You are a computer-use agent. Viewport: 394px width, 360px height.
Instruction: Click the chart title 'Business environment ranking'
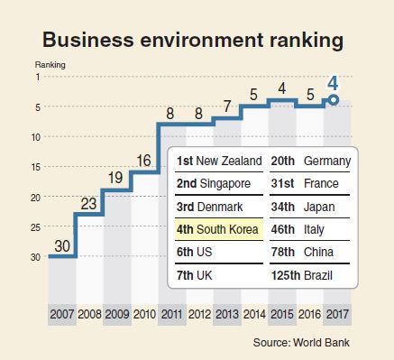point(193,40)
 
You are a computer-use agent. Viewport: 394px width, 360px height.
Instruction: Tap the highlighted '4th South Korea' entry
point(217,229)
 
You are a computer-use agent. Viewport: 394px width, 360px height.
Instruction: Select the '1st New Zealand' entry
point(219,161)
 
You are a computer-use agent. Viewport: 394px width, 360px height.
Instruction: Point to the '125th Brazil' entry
point(302,275)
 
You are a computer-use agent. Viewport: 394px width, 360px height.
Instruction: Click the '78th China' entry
point(302,252)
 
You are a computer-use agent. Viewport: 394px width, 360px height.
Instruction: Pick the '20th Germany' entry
point(311,162)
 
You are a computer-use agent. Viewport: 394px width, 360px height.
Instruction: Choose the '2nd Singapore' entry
point(214,183)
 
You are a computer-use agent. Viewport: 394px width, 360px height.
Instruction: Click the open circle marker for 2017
point(333,100)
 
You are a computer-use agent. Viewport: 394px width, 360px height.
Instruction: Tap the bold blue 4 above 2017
point(333,84)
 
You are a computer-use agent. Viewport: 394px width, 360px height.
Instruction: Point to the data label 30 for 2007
point(62,246)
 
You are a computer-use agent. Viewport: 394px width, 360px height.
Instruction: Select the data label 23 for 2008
point(88,204)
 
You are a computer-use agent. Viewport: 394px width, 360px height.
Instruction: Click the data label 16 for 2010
point(143,161)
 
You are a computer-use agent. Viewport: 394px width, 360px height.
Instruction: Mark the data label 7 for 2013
point(227,106)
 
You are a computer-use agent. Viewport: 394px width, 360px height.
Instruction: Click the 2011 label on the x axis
point(172,314)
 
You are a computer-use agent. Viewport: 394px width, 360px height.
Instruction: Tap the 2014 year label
point(254,314)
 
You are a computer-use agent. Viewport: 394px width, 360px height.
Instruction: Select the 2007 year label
point(62,314)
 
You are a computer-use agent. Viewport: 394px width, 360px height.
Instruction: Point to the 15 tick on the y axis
point(36,167)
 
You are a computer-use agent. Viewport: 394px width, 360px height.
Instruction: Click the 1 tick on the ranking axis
point(38,77)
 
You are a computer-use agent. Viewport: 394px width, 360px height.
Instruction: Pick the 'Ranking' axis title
point(50,65)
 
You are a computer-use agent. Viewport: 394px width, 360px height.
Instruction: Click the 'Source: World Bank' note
point(301,342)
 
